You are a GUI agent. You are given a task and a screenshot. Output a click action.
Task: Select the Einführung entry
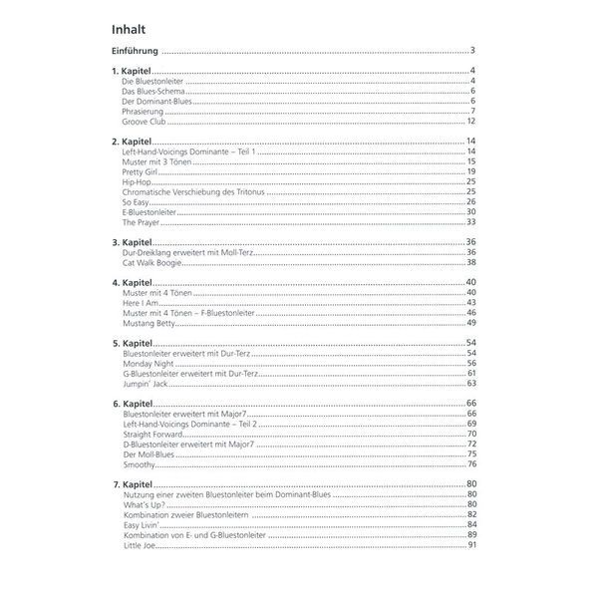pyautogui.click(x=134, y=50)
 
